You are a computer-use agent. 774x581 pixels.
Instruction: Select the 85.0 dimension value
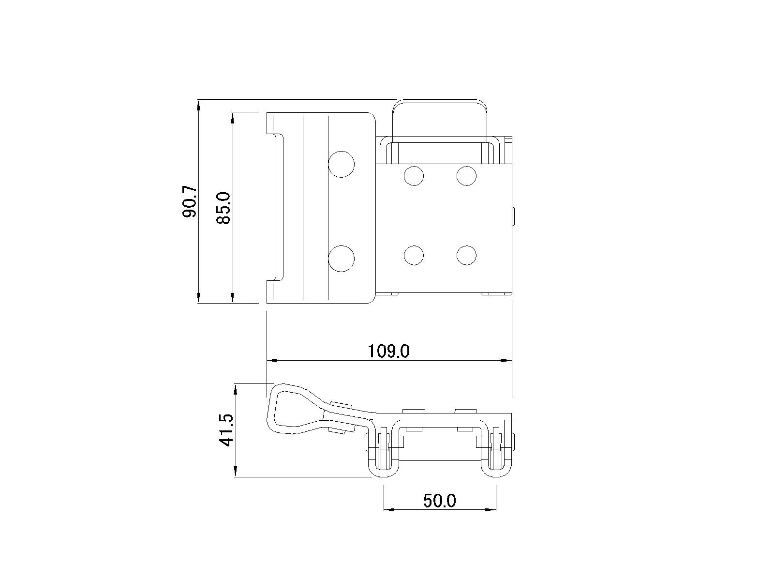(x=224, y=207)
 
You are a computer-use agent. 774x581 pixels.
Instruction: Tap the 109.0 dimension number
(x=388, y=351)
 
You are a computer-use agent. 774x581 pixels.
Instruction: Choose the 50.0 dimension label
(x=440, y=501)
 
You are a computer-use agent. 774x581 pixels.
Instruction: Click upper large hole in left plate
(x=341, y=164)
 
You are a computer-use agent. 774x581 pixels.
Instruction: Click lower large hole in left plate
(x=341, y=258)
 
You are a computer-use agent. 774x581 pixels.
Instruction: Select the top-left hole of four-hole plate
(x=414, y=176)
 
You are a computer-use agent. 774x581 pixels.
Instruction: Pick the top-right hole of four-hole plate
(x=466, y=176)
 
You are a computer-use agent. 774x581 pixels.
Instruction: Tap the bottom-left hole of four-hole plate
(x=414, y=255)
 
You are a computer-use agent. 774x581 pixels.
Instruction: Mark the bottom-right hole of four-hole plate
(x=466, y=255)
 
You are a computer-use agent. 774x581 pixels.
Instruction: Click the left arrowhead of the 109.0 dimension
(x=272, y=361)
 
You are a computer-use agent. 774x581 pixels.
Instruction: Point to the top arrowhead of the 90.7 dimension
(x=198, y=105)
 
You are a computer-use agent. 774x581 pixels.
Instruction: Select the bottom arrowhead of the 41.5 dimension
(x=236, y=472)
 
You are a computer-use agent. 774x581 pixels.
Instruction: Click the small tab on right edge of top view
(x=514, y=216)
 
